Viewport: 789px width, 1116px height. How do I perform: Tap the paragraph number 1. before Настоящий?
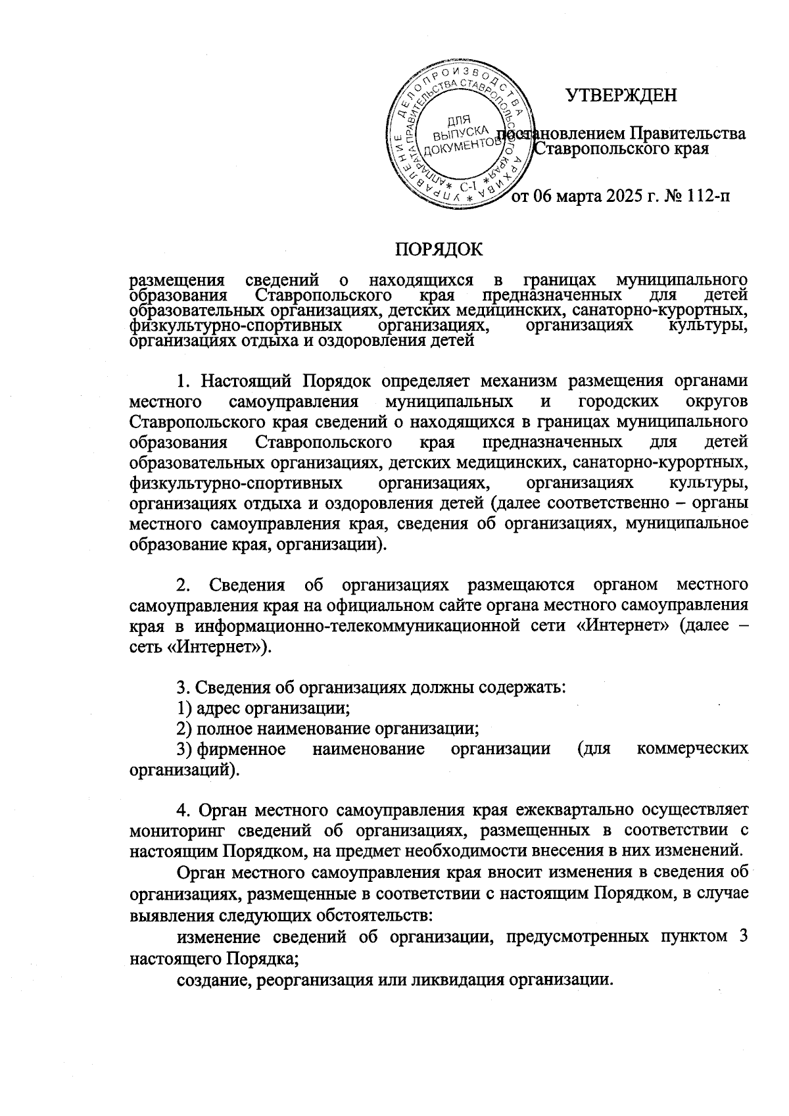click(x=183, y=382)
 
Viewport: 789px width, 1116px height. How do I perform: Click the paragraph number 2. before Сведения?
click(x=183, y=585)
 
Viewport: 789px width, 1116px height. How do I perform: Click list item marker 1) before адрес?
click(x=184, y=708)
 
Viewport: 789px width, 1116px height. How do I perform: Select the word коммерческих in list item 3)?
click(x=692, y=749)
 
